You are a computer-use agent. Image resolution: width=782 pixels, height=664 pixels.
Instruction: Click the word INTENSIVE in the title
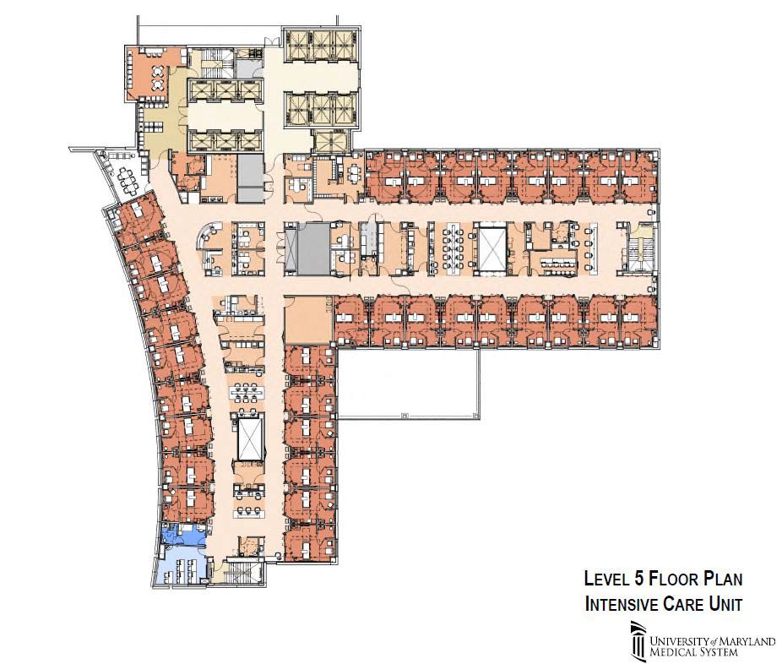[x=621, y=604]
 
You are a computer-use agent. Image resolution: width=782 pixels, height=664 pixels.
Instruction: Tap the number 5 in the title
[x=638, y=579]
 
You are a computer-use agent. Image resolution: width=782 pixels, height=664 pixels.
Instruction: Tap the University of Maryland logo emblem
[x=638, y=639]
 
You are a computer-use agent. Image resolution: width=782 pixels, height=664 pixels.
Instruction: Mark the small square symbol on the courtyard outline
[x=405, y=415]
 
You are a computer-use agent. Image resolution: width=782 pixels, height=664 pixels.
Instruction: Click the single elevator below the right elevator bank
[x=329, y=142]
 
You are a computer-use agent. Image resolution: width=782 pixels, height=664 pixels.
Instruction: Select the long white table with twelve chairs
[x=453, y=248]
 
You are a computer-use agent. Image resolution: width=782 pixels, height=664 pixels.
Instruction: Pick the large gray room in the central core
[x=313, y=248]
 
